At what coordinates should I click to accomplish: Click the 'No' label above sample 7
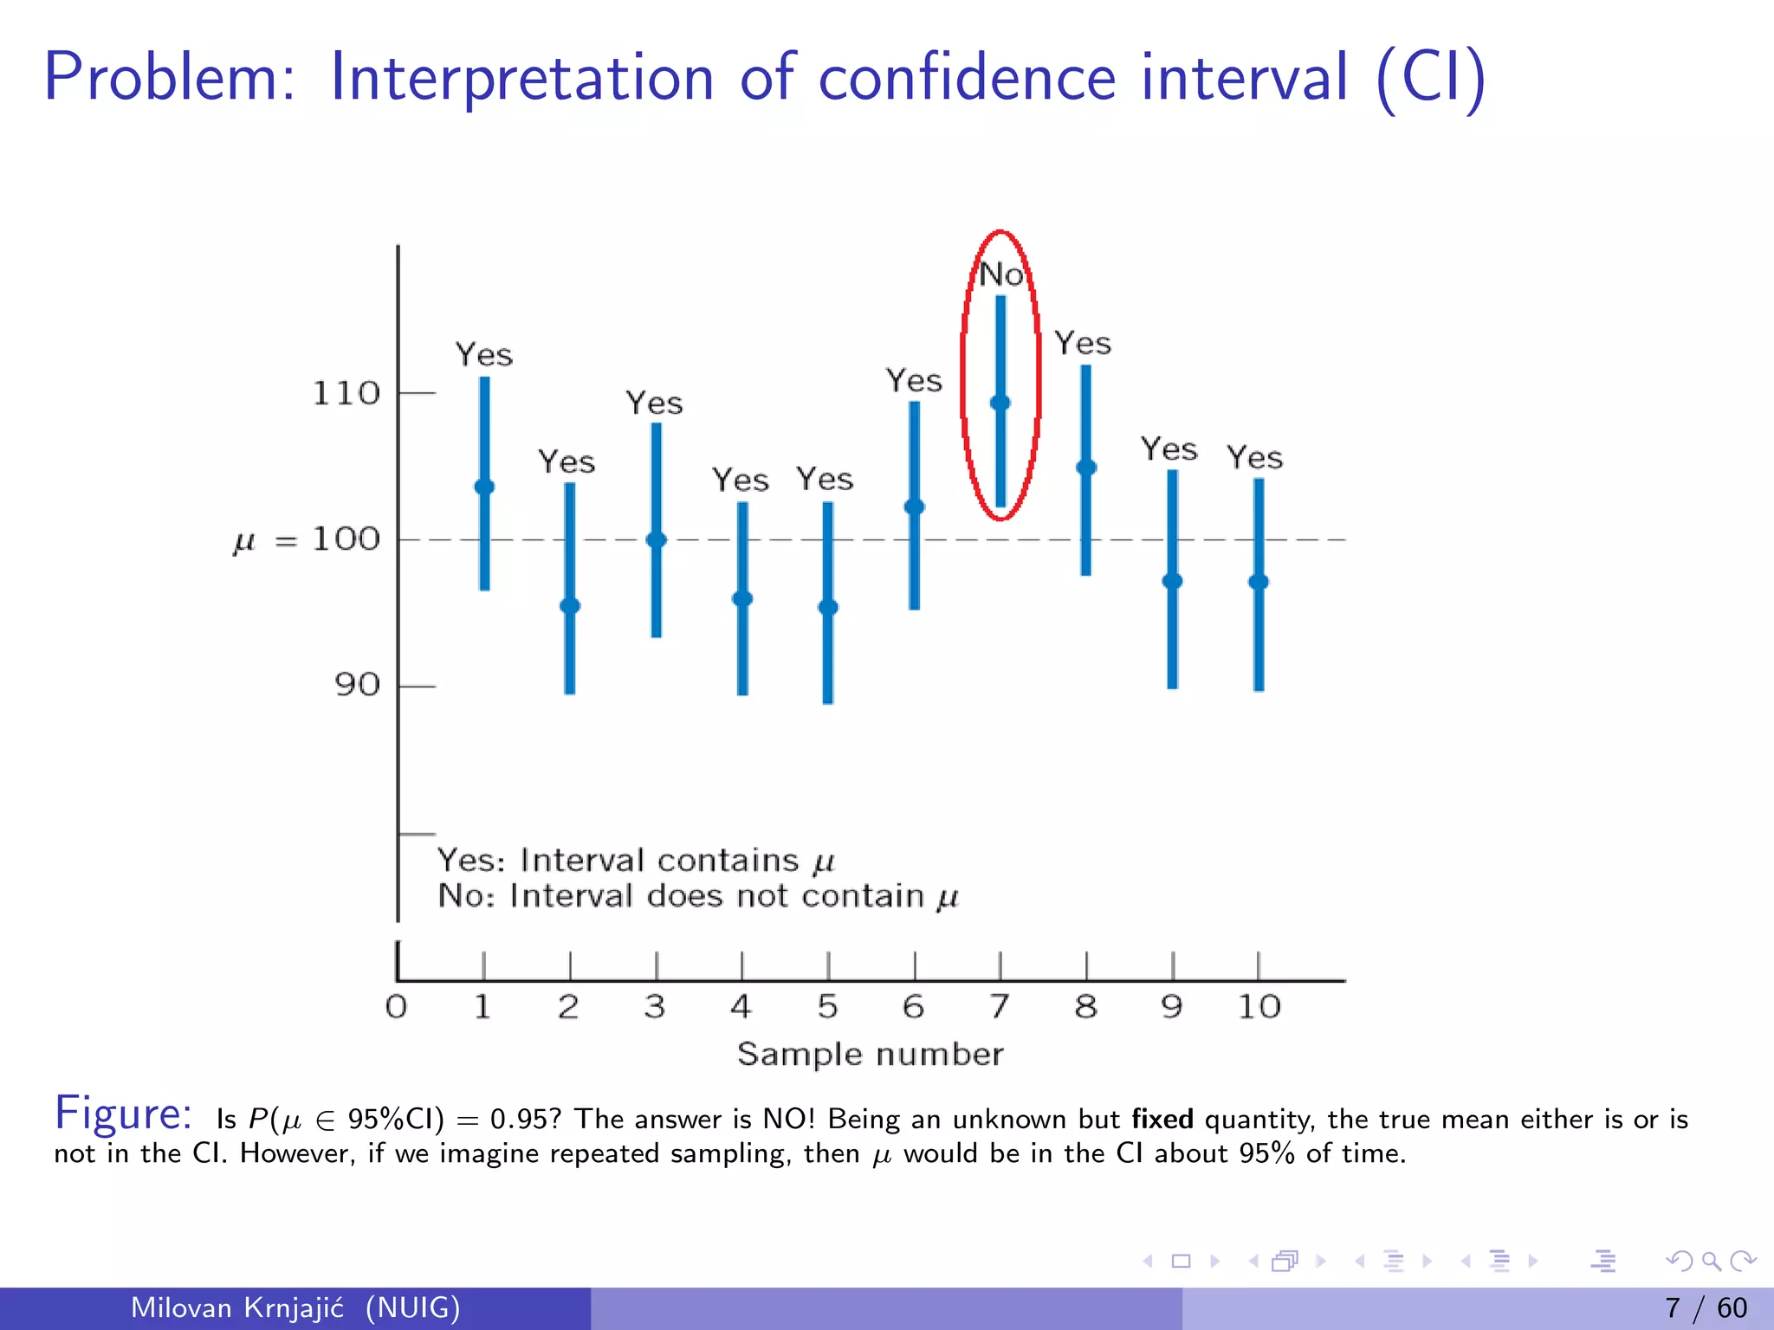1001,274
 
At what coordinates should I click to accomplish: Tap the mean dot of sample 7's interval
1000,403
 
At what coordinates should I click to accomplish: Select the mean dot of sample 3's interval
657,540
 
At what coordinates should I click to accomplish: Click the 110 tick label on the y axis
346,394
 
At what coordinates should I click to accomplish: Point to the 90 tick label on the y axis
357,686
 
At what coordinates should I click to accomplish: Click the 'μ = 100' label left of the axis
307,540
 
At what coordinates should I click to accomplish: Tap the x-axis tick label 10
1259,1007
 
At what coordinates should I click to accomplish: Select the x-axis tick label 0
396,1007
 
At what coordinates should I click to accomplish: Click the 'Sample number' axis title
870,1055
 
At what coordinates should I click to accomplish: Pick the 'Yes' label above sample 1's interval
484,355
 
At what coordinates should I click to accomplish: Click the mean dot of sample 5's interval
828,607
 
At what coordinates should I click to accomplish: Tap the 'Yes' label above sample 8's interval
1083,344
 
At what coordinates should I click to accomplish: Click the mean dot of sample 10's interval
1259,582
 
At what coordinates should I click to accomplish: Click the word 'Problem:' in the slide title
170,78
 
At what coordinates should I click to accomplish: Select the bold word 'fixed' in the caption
1162,1120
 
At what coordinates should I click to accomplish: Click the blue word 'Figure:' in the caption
123,1114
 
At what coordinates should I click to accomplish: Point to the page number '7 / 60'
1706,1307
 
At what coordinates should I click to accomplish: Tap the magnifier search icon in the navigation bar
1711,1261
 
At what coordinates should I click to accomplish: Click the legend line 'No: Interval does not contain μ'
698,896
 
